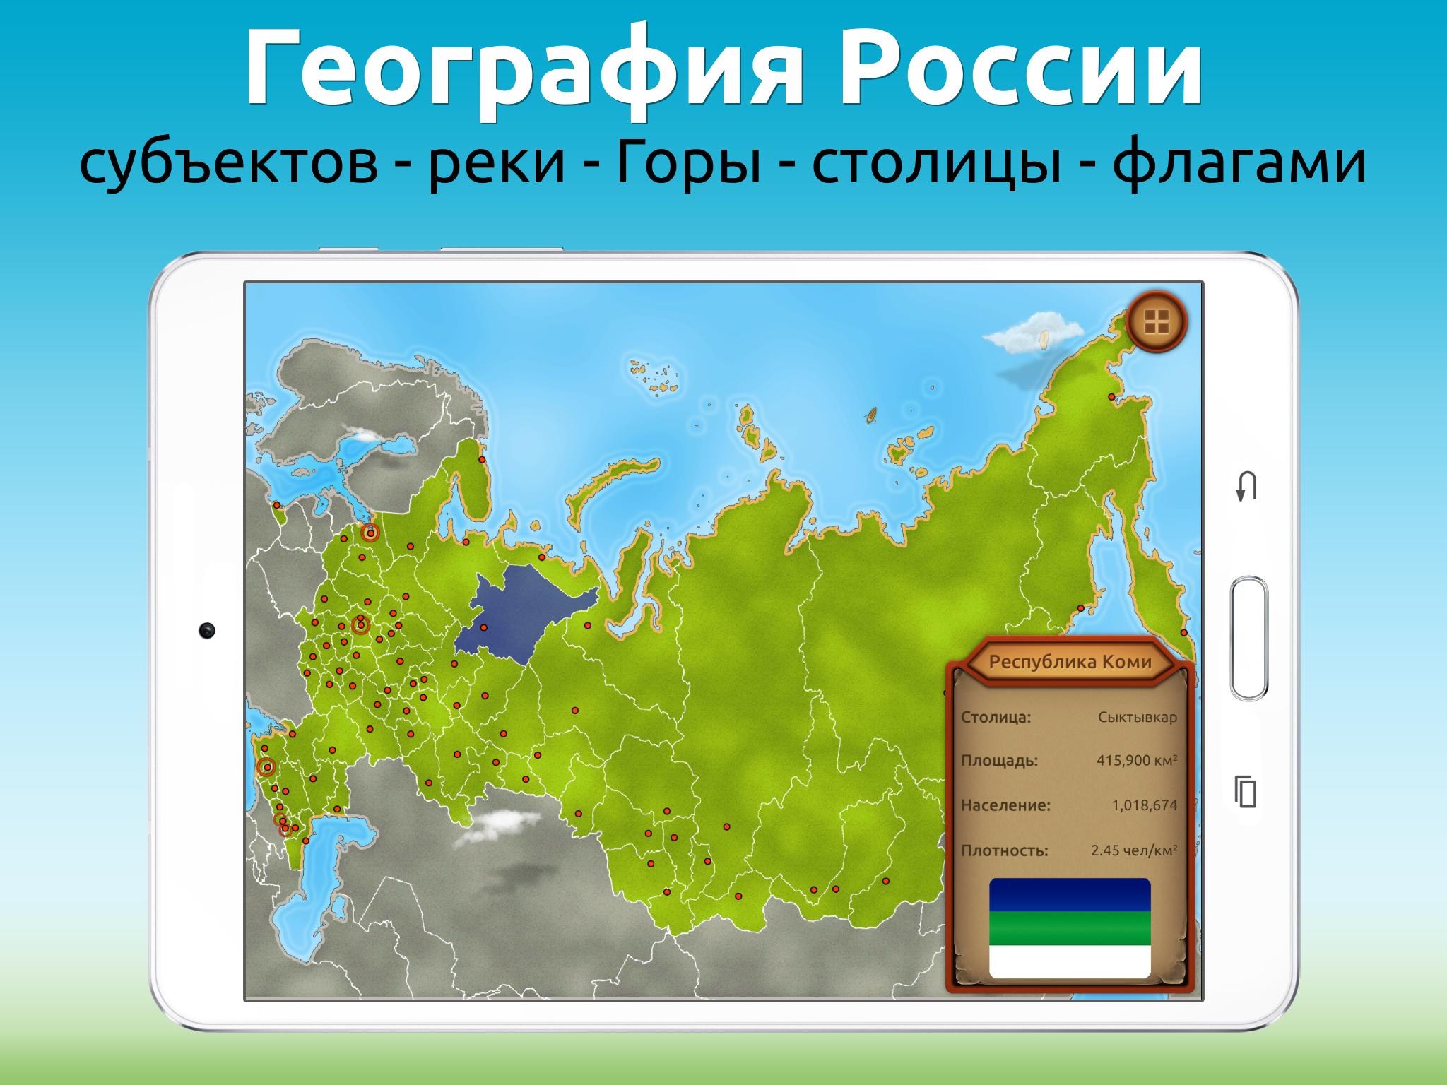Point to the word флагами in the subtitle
coord(1240,165)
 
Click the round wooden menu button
coord(1157,322)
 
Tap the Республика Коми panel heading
coord(1070,663)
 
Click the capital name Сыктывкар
coord(1138,718)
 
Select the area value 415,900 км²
coord(1137,761)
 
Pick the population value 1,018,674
coord(1145,805)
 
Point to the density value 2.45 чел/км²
coord(1134,850)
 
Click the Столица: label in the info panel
coord(996,718)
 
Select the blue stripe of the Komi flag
coord(1070,895)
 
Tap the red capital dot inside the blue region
coord(484,627)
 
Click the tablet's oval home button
coord(1248,639)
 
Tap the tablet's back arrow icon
coord(1246,487)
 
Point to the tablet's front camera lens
coord(206,631)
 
